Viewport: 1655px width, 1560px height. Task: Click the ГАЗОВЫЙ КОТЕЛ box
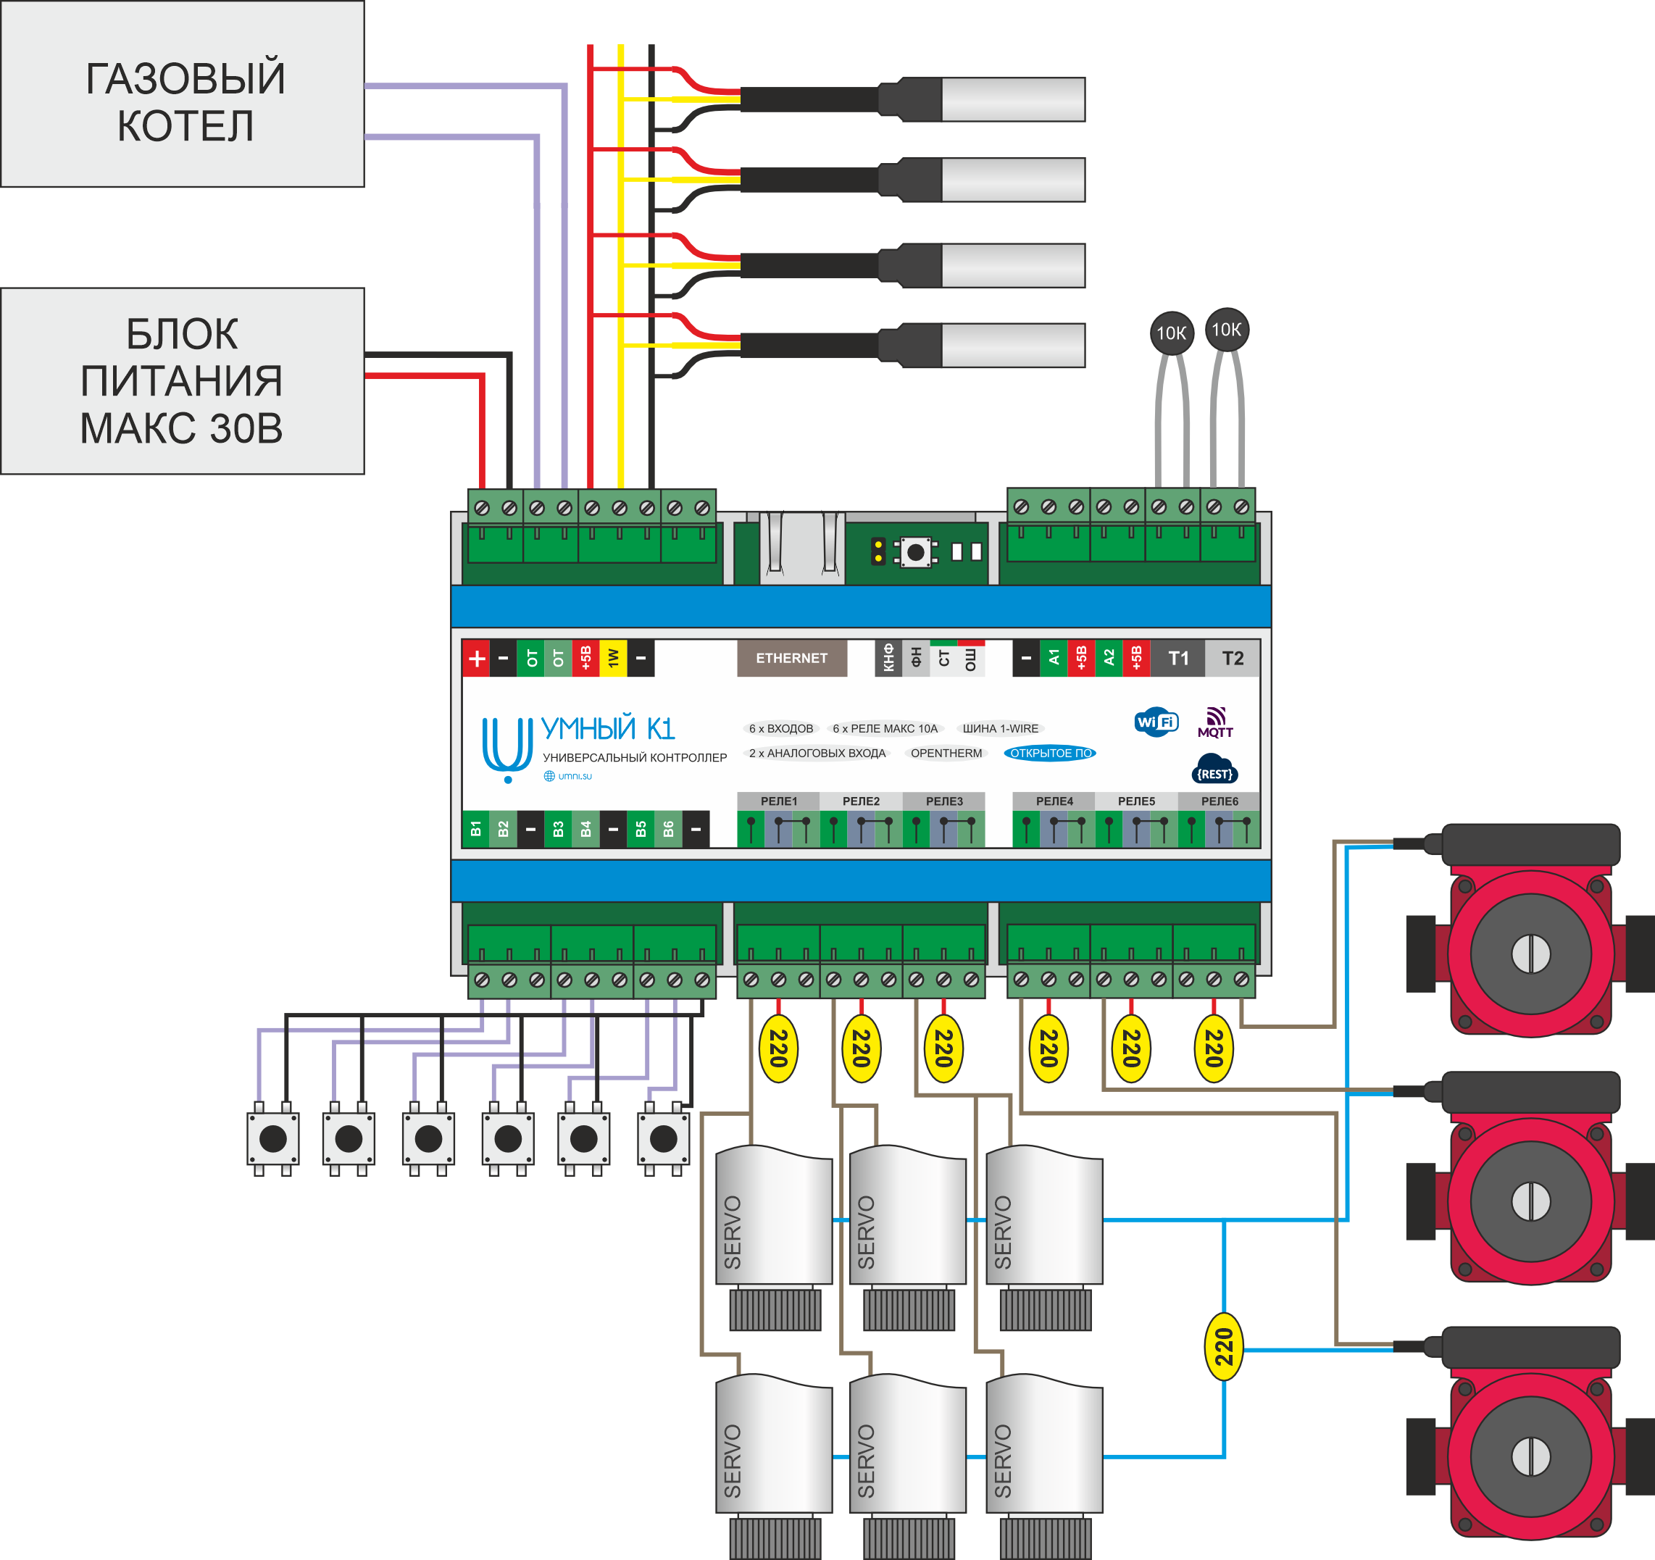click(x=183, y=94)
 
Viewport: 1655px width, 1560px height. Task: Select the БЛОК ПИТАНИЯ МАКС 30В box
click(x=183, y=380)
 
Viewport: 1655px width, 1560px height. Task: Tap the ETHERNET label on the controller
click(x=791, y=658)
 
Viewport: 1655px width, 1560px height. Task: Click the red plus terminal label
click(x=476, y=659)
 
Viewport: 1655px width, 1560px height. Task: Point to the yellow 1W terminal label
click(x=613, y=659)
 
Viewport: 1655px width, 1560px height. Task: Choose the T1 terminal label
click(x=1178, y=659)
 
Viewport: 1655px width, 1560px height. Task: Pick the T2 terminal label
click(x=1232, y=659)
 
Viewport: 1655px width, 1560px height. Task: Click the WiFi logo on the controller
click(x=1156, y=722)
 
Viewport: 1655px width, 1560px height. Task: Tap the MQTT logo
click(x=1215, y=722)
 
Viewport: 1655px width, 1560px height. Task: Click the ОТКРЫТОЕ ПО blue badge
click(x=1050, y=753)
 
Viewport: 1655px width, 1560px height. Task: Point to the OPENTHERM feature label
click(x=946, y=753)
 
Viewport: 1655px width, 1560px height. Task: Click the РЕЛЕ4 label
click(x=1054, y=801)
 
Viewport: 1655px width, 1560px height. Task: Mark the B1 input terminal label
click(x=475, y=828)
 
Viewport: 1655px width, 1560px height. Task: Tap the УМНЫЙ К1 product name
click(x=608, y=728)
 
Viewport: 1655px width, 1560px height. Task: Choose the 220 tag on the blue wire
click(x=1224, y=1347)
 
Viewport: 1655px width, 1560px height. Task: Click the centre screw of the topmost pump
click(x=1530, y=954)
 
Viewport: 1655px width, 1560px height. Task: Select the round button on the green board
click(x=916, y=551)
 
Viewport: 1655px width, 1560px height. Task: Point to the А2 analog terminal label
click(x=1108, y=659)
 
